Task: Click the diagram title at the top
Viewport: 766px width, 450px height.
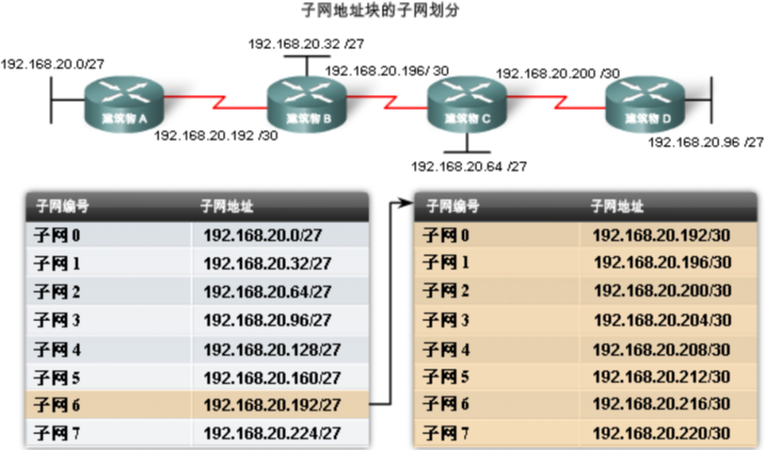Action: click(382, 11)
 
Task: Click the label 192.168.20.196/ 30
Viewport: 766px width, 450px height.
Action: click(387, 71)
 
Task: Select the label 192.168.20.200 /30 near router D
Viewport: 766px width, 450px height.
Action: click(557, 74)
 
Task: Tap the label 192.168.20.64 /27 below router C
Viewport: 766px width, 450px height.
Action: click(469, 167)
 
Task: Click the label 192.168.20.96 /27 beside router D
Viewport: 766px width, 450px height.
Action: click(706, 142)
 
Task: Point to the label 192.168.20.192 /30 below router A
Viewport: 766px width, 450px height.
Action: click(216, 136)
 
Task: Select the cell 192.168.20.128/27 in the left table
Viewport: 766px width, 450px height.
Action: click(272, 350)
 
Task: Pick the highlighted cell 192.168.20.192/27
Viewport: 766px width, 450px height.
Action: click(272, 405)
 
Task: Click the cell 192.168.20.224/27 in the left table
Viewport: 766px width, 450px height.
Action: click(272, 433)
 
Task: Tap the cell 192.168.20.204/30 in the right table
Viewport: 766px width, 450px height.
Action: click(662, 320)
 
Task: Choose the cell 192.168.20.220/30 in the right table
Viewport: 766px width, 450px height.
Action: click(661, 433)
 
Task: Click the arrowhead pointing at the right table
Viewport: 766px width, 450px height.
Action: click(406, 204)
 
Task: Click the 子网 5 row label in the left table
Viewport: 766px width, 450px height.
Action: click(57, 378)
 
